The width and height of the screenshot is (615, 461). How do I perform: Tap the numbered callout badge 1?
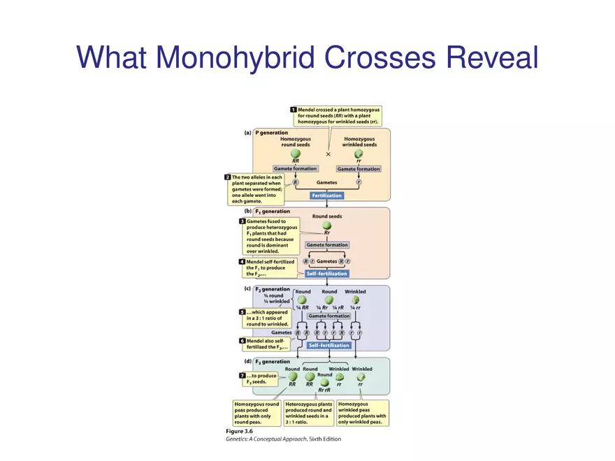tap(294, 110)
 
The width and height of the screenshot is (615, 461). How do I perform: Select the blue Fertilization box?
tap(326, 196)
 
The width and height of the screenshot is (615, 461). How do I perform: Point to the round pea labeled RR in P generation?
tap(296, 153)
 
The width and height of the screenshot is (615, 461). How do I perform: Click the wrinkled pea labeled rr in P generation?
tap(359, 154)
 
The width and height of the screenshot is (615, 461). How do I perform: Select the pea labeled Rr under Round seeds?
tap(327, 226)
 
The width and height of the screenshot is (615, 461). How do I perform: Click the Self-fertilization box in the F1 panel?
tap(326, 274)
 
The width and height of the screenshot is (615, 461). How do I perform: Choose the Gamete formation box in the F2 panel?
tap(329, 316)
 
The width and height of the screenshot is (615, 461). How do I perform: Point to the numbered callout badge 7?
tap(242, 376)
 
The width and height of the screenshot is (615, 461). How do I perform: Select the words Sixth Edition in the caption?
tap(326, 439)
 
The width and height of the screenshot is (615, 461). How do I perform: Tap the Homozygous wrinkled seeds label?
tap(359, 142)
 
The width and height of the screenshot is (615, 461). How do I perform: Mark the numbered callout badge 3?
tap(242, 221)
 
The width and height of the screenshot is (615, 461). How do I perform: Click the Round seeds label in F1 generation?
tap(327, 216)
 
